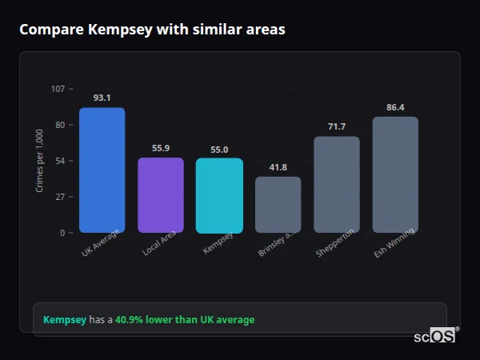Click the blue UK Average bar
[x=102, y=170]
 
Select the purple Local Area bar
[x=161, y=195]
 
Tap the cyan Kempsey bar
[x=219, y=196]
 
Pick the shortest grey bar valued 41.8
[x=278, y=205]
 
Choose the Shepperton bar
[x=336, y=185]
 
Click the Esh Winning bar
[x=395, y=175]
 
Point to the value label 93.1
[x=102, y=98]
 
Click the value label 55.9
[x=161, y=148]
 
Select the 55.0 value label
[x=219, y=149]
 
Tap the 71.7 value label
[x=336, y=126]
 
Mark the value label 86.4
[x=395, y=107]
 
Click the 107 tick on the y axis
[x=58, y=89]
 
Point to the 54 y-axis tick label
[x=60, y=161]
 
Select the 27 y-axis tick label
[x=60, y=197]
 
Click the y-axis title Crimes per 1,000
[x=40, y=160]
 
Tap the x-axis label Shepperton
[x=334, y=243]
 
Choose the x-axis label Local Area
[x=159, y=243]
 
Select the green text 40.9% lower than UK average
[x=185, y=320]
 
